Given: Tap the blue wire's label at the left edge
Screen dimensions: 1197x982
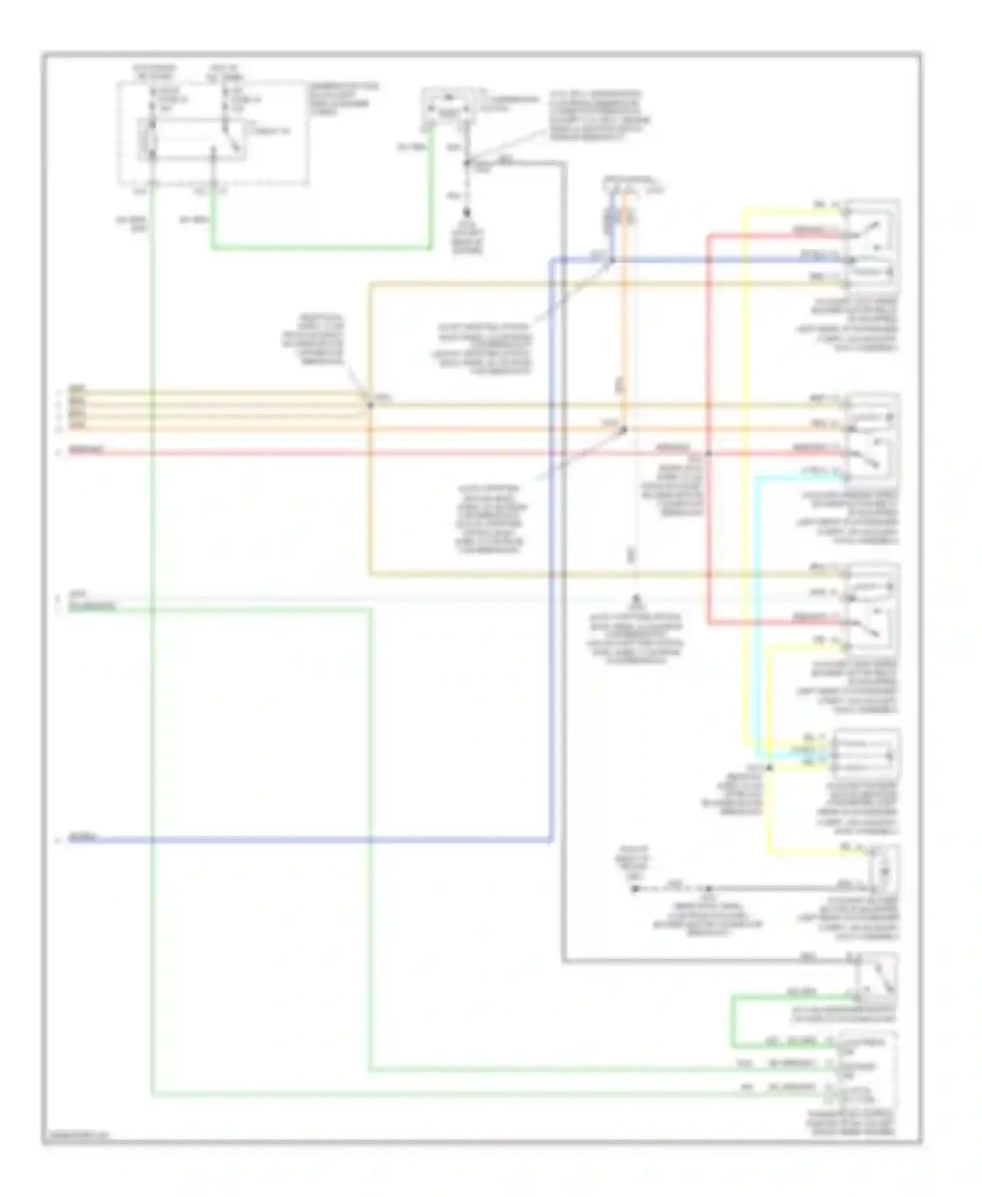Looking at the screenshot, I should pyautogui.click(x=84, y=838).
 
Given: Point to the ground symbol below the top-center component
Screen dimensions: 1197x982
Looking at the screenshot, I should pyautogui.click(x=467, y=213).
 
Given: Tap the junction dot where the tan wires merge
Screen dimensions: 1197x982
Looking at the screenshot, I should pyautogui.click(x=370, y=405).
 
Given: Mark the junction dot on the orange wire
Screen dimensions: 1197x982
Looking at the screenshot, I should pyautogui.click(x=624, y=430).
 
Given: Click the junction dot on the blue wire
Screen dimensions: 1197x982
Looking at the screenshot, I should pyautogui.click(x=612, y=261).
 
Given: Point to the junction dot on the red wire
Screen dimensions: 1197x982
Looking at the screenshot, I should pyautogui.click(x=708, y=453).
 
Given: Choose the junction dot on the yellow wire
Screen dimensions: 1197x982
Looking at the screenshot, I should pyautogui.click(x=770, y=767).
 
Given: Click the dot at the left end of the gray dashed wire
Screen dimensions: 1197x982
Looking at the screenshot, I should pyautogui.click(x=634, y=889).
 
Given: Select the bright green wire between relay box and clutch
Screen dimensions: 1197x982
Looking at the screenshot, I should pyautogui.click(x=321, y=248).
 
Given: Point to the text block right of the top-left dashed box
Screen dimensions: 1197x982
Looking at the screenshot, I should pyautogui.click(x=344, y=99).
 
